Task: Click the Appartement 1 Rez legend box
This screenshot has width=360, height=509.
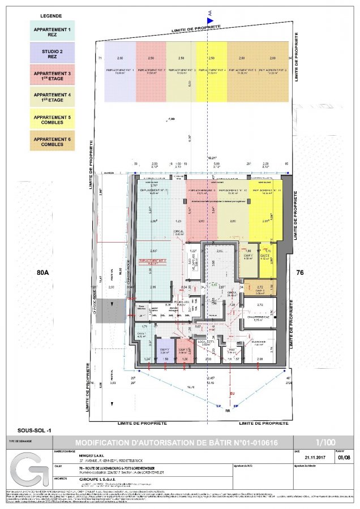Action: coord(52,31)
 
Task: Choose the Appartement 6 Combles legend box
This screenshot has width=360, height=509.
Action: coord(52,141)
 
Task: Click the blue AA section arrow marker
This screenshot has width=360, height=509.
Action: coord(210,20)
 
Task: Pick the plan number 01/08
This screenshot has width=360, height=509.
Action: coord(340,458)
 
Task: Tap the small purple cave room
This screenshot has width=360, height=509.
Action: coord(165,351)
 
